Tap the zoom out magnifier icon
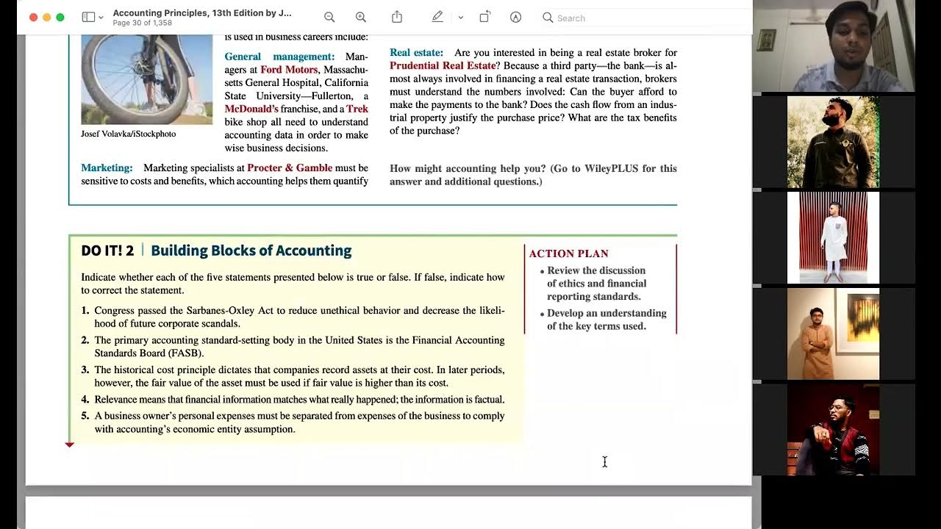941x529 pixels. click(329, 17)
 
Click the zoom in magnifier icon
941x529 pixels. click(360, 17)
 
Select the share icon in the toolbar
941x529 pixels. click(397, 17)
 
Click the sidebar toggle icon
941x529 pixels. click(88, 17)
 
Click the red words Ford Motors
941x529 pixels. click(289, 70)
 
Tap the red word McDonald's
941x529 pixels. click(252, 109)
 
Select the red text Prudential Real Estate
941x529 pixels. click(443, 65)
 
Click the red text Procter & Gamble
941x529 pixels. click(290, 168)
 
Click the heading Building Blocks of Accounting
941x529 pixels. click(251, 251)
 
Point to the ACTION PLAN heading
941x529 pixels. click(568, 253)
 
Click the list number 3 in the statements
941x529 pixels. click(85, 370)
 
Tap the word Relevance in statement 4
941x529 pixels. click(116, 400)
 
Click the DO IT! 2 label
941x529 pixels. click(107, 251)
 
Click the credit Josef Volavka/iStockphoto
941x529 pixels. click(128, 134)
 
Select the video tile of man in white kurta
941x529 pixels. click(833, 237)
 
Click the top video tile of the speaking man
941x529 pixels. click(834, 46)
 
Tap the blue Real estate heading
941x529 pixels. click(416, 52)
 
